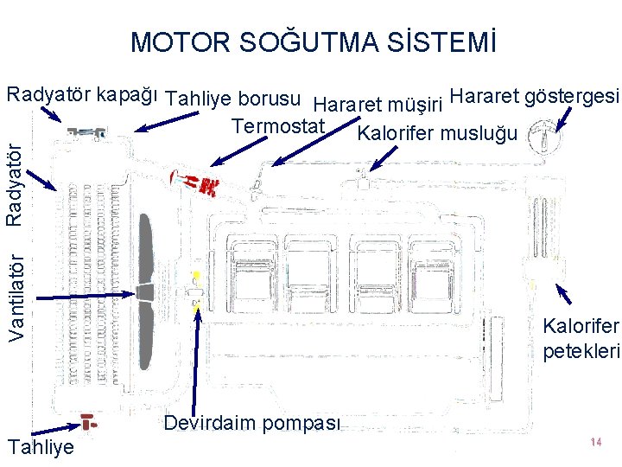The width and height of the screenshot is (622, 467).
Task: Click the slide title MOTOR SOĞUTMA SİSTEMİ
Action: coord(313,42)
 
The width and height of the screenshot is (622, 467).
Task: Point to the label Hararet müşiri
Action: coord(378,106)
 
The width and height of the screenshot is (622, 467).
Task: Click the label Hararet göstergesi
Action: coord(535,94)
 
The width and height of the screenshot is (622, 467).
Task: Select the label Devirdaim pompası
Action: coord(252,423)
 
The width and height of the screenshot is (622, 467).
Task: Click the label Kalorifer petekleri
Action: coord(581,338)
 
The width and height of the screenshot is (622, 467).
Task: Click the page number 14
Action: coord(595,442)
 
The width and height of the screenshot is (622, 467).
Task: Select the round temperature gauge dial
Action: coord(545,136)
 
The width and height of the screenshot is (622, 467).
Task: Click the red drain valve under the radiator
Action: coord(87,420)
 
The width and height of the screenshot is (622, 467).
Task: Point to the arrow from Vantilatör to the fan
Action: coord(86,295)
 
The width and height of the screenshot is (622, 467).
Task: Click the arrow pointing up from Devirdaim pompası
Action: coord(200,355)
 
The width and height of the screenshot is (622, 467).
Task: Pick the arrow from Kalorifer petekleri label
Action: coord(562,295)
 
